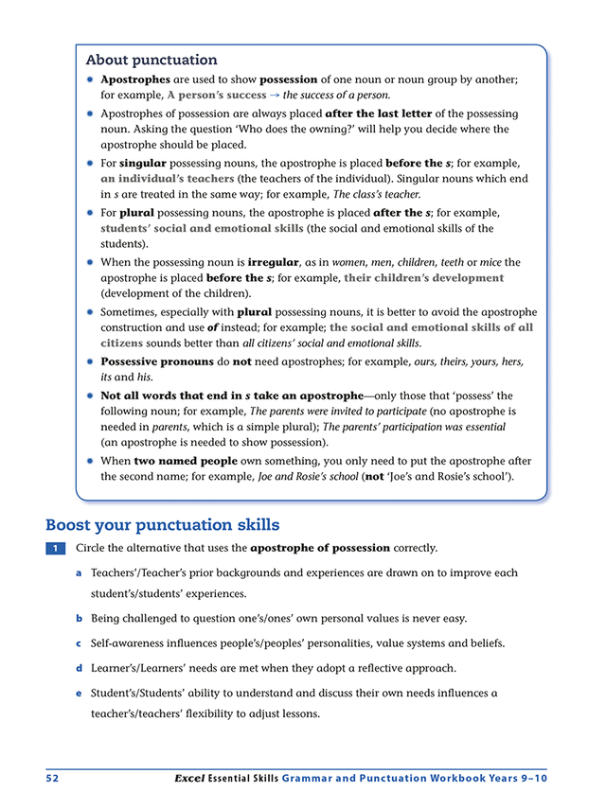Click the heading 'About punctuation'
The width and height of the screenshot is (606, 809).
click(151, 61)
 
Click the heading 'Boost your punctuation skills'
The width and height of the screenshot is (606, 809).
click(162, 524)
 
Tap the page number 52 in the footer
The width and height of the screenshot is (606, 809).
click(53, 778)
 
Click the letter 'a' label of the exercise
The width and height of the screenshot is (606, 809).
click(79, 573)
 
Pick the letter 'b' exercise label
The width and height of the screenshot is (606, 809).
click(79, 619)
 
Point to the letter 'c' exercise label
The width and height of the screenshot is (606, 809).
click(79, 643)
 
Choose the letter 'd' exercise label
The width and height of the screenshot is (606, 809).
click(79, 668)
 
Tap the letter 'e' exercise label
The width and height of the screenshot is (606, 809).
click(79, 693)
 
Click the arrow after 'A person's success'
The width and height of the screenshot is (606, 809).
click(275, 96)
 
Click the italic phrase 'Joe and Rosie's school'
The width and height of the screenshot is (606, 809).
click(320, 477)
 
